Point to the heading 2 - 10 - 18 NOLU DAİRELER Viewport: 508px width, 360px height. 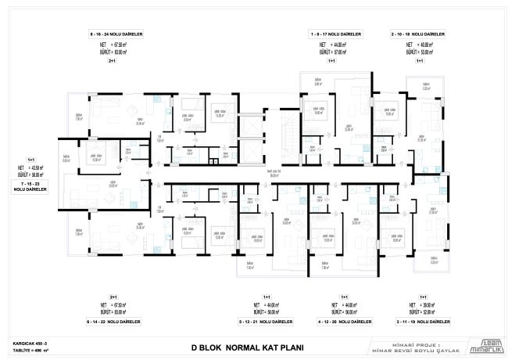coord(417,34)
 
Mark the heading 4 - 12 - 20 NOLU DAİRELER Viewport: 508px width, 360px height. coord(342,321)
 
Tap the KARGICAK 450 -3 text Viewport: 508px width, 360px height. coord(30,342)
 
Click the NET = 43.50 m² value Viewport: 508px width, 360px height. coord(31,167)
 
